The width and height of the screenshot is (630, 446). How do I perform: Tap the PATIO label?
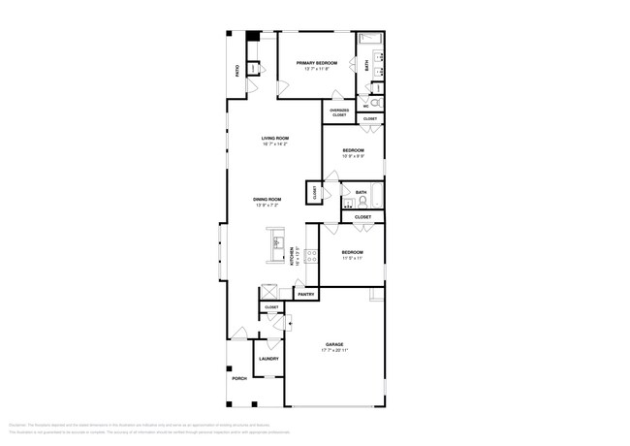tap(237, 71)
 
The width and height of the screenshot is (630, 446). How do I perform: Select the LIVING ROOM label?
tap(275, 139)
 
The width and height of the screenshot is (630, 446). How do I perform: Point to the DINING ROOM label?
tap(268, 199)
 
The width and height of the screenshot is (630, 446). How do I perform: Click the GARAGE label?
tap(334, 344)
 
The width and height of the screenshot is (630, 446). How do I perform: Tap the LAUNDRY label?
tap(268, 359)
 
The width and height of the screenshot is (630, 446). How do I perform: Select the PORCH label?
tap(238, 378)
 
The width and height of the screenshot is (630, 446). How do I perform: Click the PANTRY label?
tap(305, 294)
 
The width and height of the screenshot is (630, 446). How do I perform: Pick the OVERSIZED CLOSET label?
tap(339, 112)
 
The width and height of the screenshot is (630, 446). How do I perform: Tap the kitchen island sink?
tap(276, 243)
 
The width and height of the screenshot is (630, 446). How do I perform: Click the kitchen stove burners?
tap(312, 256)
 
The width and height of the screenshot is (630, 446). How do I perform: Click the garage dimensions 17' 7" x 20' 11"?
tap(334, 350)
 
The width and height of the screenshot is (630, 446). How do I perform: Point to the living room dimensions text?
tap(275, 144)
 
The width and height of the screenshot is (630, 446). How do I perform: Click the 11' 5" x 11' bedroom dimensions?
tap(351, 258)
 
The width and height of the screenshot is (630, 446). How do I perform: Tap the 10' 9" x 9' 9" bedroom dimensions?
tap(353, 156)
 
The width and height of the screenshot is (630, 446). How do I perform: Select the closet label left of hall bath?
tap(314, 192)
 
